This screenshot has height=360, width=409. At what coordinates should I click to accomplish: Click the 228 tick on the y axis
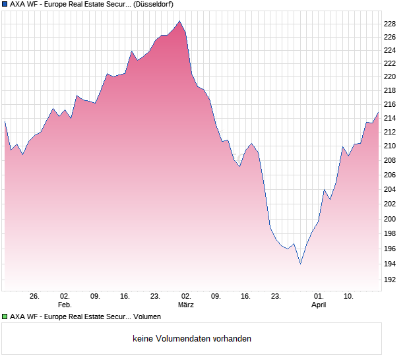(x=389, y=24)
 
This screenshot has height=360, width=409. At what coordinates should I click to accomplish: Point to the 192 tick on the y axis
(x=389, y=280)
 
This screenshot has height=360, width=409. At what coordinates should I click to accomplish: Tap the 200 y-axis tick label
(x=389, y=219)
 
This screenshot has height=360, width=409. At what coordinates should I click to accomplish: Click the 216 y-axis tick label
(x=389, y=105)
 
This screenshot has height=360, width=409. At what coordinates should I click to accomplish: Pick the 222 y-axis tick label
(x=389, y=63)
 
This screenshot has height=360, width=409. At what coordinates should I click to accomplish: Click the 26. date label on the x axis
(x=34, y=296)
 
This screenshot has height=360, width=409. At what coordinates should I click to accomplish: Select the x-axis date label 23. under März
(x=276, y=296)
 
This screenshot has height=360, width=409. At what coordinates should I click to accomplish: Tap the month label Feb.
(x=64, y=305)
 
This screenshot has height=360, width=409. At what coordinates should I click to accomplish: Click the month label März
(x=185, y=305)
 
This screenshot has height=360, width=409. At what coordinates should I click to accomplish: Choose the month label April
(x=319, y=305)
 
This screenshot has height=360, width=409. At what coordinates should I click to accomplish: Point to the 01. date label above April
(x=319, y=296)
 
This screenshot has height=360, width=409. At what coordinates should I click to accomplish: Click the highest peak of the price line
(x=179, y=21)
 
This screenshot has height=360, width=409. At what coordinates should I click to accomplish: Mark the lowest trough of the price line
(x=300, y=264)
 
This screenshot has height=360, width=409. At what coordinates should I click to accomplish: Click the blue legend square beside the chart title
(x=5, y=4)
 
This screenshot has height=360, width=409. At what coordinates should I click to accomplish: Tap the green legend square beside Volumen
(x=5, y=316)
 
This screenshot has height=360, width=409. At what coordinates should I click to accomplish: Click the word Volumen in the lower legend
(x=147, y=316)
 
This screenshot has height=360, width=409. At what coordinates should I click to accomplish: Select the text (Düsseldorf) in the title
(x=154, y=4)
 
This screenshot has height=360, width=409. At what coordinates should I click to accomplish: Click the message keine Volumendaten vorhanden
(x=192, y=339)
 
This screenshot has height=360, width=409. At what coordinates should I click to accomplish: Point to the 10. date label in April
(x=349, y=296)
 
